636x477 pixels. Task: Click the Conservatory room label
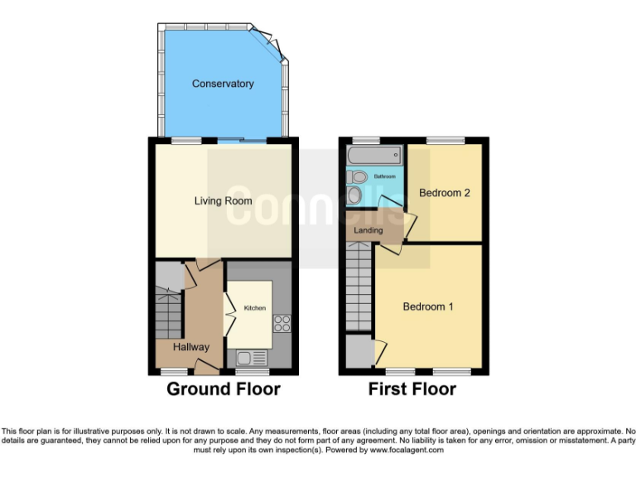coord(223,84)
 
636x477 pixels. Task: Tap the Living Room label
coord(223,200)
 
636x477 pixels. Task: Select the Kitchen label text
coord(254,308)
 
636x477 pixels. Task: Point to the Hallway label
coord(190,347)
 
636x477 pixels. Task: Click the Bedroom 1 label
coord(427,306)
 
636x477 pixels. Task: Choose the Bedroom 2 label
coord(444,193)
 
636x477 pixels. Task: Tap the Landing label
coord(369,230)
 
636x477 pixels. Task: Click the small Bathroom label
coord(384,177)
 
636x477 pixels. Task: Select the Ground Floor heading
coord(224,389)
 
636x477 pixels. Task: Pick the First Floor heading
coord(412,389)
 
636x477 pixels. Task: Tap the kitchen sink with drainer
coord(252,358)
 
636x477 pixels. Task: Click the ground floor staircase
coord(169,313)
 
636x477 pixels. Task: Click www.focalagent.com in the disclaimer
coord(406,450)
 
